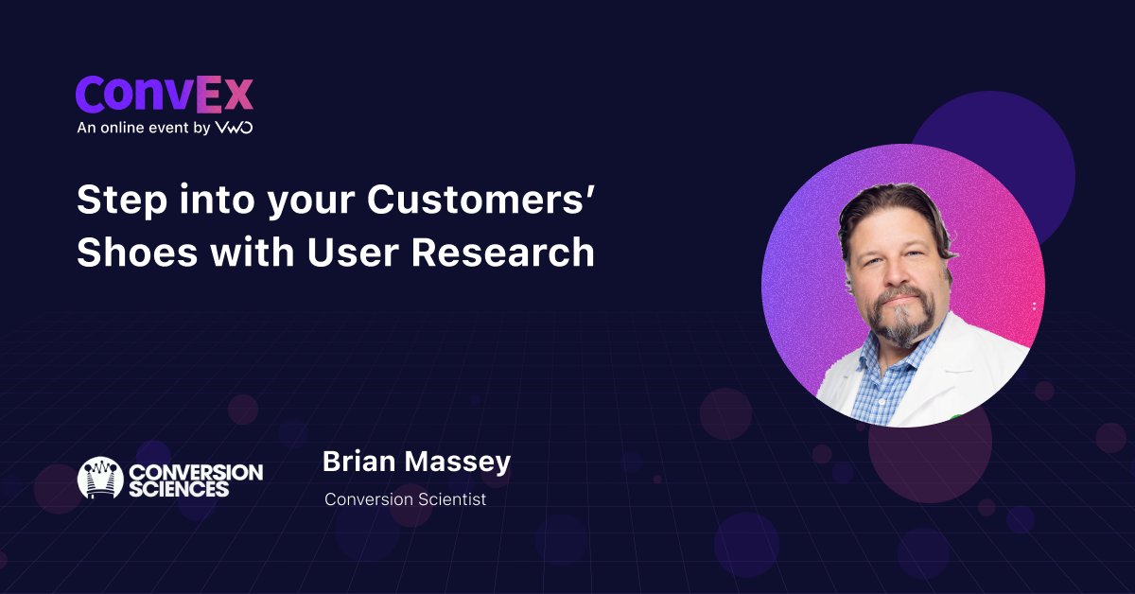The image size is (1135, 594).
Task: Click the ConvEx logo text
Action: click(x=165, y=95)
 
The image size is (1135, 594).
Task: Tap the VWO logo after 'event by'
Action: click(x=235, y=127)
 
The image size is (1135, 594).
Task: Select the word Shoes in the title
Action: click(x=137, y=252)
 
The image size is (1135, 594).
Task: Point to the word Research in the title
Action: click(x=502, y=252)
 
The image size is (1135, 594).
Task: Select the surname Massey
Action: click(x=458, y=463)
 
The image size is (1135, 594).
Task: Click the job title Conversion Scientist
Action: click(x=406, y=499)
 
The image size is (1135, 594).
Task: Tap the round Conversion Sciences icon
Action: click(x=100, y=478)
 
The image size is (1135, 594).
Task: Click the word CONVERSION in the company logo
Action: click(x=196, y=472)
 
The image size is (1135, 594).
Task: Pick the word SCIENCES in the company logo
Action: click(x=179, y=489)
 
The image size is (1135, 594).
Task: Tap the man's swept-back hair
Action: click(x=895, y=208)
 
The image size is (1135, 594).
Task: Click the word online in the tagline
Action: click(x=122, y=127)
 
